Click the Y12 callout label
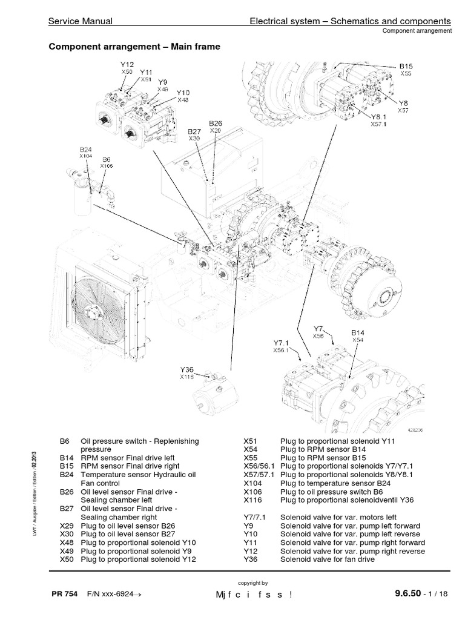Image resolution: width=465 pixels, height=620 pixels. (127, 64)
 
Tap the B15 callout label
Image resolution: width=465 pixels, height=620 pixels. (405, 65)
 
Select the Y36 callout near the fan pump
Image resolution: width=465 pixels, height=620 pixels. (186, 369)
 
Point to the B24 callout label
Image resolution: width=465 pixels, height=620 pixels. (86, 149)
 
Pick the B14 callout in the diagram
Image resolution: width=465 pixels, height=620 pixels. (358, 332)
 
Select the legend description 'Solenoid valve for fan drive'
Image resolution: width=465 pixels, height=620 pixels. (328, 559)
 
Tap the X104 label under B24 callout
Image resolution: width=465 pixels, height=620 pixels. (85, 156)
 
